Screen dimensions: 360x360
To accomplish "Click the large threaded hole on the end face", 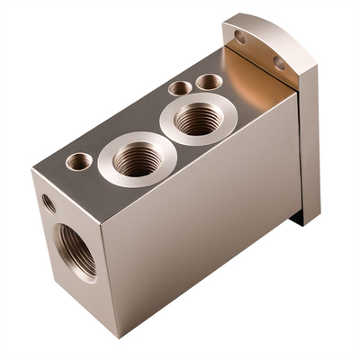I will (x=76, y=249).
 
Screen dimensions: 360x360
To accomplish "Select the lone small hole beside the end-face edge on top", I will (x=79, y=162).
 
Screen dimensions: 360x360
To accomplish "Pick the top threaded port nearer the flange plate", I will (x=198, y=118).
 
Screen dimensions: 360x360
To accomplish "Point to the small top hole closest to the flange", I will (x=209, y=82).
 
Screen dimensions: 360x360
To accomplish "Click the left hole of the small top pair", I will (x=180, y=88).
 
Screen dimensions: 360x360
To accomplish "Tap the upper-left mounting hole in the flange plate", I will (x=239, y=38).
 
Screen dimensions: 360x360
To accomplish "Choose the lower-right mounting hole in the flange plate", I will (x=279, y=64).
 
